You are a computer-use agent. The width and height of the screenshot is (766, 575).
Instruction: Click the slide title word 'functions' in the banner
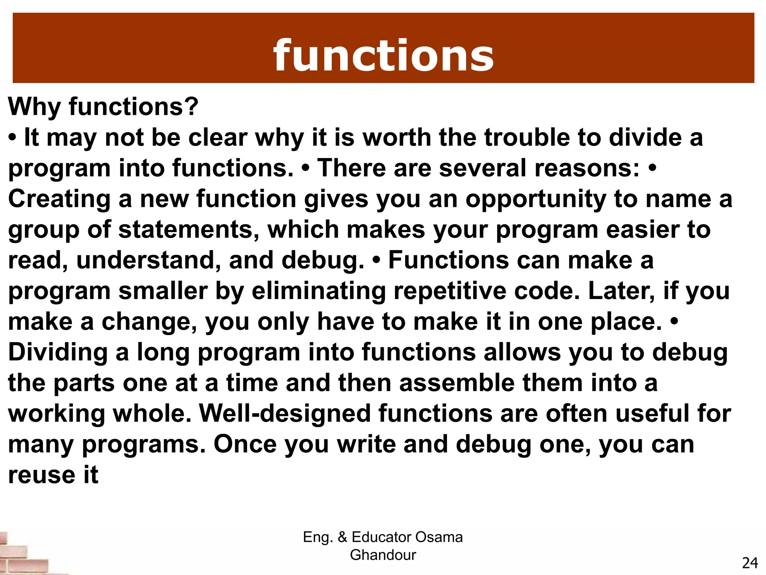[383, 56]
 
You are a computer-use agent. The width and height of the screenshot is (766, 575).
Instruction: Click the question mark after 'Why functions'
[191, 107]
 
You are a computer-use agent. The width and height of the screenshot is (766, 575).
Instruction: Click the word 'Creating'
[59, 199]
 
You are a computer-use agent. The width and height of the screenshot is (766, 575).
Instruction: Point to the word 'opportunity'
[536, 200]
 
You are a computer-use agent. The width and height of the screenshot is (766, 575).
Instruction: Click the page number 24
[750, 563]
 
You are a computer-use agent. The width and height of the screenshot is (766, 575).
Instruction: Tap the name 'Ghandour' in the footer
[383, 555]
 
